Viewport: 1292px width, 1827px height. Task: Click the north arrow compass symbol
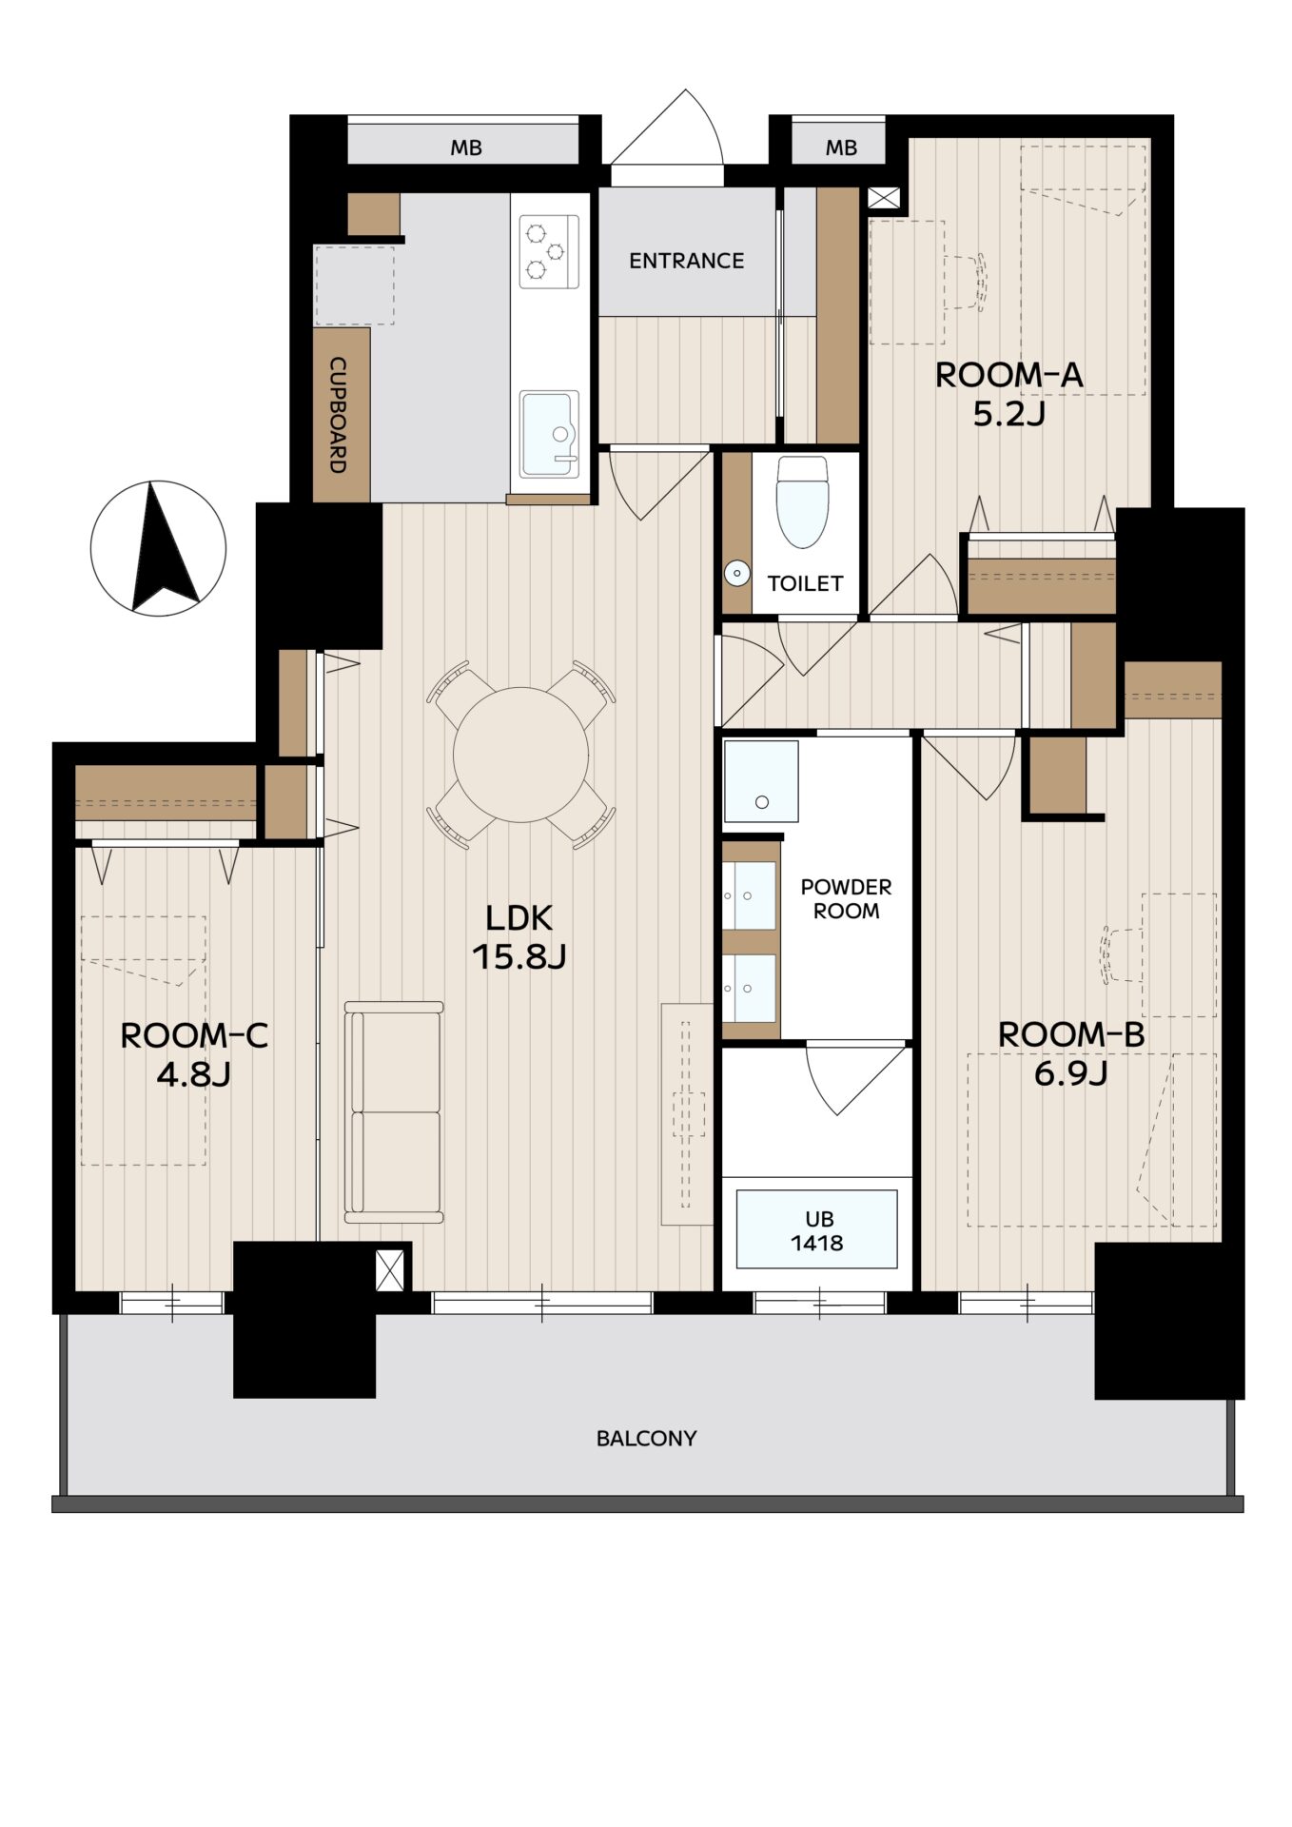(159, 547)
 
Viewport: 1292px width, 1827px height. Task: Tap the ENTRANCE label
(686, 260)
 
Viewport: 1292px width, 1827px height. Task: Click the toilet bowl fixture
(802, 501)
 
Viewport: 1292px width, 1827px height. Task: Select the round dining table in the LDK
(520, 755)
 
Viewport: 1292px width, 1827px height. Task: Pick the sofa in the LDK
(394, 1111)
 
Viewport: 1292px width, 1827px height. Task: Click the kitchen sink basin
(549, 434)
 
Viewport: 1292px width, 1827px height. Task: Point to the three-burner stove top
(548, 251)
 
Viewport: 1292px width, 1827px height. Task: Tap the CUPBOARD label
(338, 415)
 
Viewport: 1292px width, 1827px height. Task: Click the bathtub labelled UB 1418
(817, 1229)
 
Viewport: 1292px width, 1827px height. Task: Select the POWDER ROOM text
(846, 898)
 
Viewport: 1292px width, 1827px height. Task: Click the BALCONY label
(646, 1438)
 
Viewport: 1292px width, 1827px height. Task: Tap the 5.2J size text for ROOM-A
(1008, 413)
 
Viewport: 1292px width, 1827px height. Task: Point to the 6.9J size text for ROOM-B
(1070, 1073)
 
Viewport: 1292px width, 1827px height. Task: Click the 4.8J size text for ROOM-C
(193, 1074)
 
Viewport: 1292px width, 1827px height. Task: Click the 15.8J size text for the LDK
(519, 955)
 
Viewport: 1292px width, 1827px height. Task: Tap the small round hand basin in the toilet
(737, 574)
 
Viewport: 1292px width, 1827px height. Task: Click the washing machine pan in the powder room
(761, 781)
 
